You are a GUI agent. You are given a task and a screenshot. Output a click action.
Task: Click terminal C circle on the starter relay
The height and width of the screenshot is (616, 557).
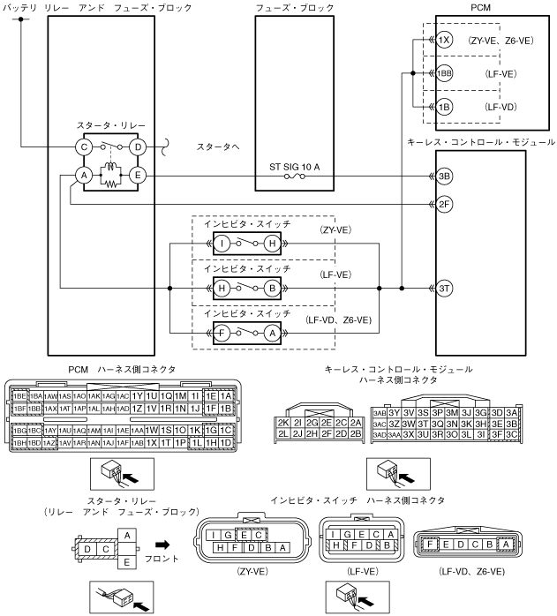[84, 146]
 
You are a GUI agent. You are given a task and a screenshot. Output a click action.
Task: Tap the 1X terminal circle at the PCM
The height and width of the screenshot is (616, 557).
[444, 41]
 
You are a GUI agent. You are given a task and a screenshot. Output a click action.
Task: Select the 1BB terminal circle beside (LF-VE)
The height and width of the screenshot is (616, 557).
[444, 73]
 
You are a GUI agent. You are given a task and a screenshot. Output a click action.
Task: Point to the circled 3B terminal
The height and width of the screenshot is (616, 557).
[445, 176]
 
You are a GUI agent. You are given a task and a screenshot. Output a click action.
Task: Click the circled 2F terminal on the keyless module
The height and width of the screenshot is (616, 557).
[445, 204]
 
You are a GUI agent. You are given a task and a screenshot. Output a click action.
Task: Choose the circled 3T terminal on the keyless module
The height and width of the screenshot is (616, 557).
[445, 287]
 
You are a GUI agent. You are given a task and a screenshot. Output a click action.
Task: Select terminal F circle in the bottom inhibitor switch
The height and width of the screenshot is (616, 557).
[224, 334]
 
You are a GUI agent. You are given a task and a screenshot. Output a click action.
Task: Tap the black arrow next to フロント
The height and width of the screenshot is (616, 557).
[165, 545]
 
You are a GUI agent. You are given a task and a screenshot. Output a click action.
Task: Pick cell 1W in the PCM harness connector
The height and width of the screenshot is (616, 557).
[152, 430]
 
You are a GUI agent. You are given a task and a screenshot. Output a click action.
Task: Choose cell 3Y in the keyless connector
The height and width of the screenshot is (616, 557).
[395, 411]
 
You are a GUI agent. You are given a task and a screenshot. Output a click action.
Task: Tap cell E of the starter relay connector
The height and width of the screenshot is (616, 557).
[128, 560]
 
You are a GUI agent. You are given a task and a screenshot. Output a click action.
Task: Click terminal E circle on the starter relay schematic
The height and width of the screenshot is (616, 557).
[137, 176]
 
